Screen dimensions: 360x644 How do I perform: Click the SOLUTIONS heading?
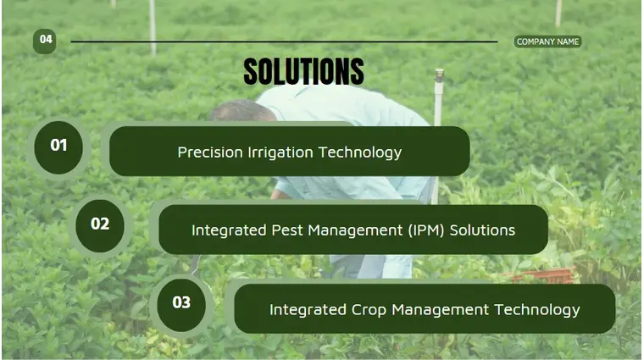coord(303,72)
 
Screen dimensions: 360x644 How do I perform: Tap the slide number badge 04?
coord(46,40)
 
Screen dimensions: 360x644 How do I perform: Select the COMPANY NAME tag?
coord(547,42)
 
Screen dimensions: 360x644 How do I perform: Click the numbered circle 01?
coord(58,146)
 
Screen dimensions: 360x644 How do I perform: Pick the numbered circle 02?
coord(100,224)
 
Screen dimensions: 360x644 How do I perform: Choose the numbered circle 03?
coord(181,302)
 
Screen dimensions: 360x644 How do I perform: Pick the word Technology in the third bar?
coord(538,309)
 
